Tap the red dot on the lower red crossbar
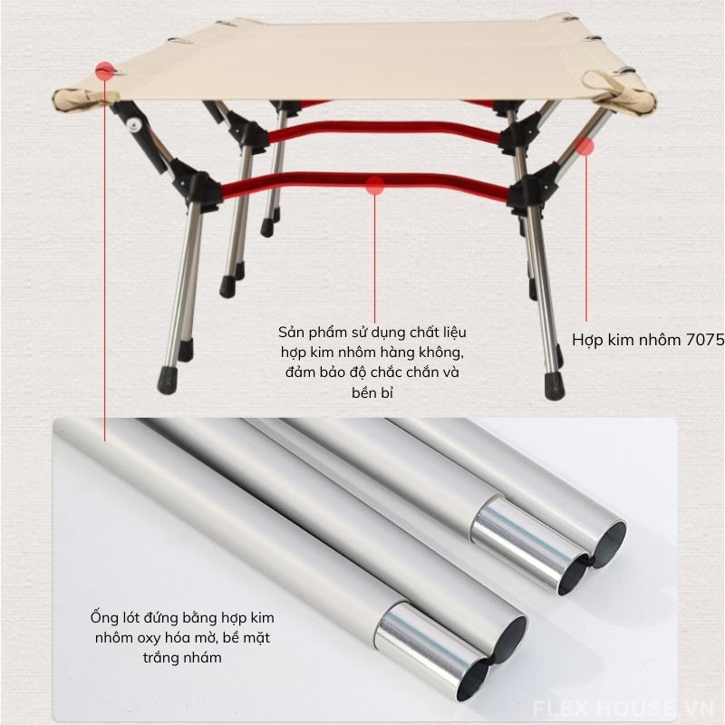375,186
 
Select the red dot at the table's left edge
105,71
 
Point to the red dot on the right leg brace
585,147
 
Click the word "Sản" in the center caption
289,332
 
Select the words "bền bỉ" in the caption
372,392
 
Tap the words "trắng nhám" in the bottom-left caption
182,657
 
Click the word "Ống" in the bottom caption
101,617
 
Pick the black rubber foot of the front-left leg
167,380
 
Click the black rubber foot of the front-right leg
555,386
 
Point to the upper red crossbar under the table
383,130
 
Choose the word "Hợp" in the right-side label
587,341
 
